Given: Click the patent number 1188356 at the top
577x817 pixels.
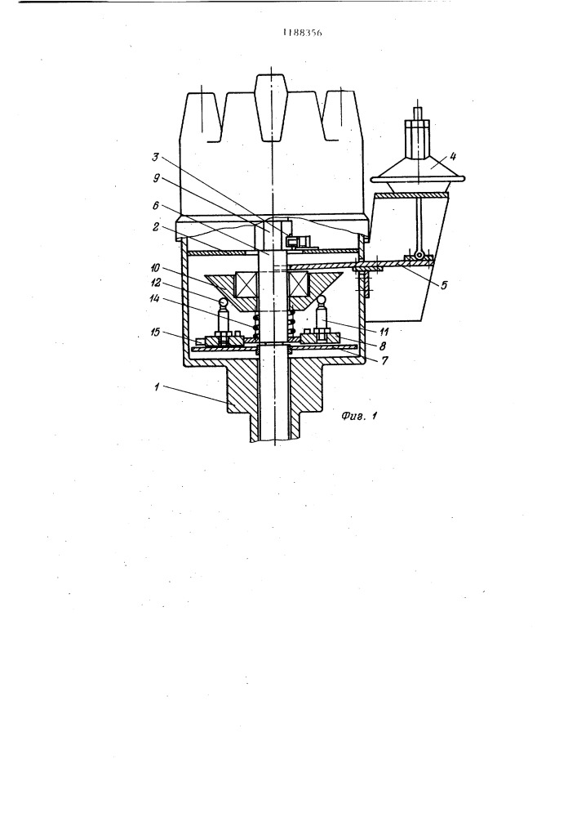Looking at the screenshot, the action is click(302, 33).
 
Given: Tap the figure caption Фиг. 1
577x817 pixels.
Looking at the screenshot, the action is click(359, 416).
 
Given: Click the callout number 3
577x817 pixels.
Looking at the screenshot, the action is click(155, 157).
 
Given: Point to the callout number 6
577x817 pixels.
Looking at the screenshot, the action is click(156, 206).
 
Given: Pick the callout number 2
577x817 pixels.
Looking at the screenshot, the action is click(156, 227).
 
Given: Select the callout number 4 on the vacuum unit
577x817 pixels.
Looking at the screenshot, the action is click(453, 156).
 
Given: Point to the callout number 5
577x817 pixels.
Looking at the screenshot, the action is click(443, 285).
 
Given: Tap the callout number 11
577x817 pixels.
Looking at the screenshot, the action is click(384, 331).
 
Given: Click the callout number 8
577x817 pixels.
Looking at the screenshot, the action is click(383, 346).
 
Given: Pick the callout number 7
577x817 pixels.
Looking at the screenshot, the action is click(384, 360).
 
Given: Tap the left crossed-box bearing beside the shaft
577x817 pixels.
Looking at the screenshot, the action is click(246, 285).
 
